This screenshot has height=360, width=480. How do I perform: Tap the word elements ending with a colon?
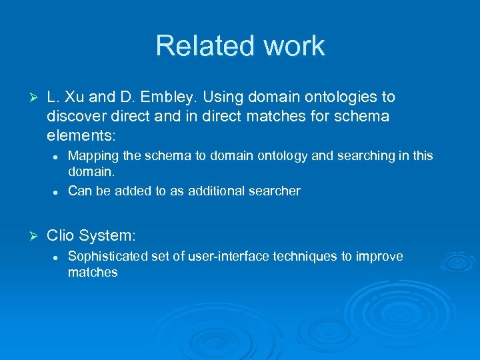(81, 136)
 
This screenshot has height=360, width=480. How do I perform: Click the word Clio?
(61, 235)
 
